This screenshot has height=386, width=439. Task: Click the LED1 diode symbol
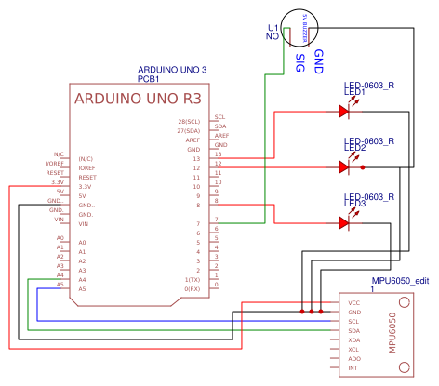344,112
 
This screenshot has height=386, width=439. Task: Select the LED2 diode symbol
344,167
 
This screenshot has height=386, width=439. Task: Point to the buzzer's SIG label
299,62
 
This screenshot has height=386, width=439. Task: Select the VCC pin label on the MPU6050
354,302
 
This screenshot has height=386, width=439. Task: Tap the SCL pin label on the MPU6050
354,321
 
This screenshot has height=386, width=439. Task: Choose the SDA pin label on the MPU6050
354,331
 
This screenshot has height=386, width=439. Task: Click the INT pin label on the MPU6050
353,369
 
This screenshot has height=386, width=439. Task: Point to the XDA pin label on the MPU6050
354,340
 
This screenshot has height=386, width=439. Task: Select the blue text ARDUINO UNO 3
172,71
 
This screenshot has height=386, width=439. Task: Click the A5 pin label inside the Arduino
83,289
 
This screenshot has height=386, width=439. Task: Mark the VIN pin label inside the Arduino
84,224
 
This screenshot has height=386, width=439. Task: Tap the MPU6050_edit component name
400,280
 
